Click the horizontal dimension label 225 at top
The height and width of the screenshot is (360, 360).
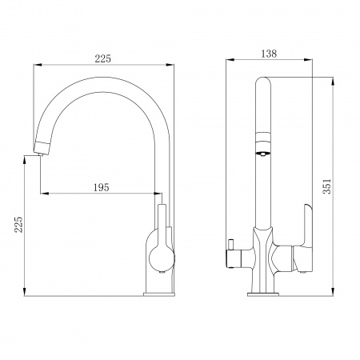[102, 58]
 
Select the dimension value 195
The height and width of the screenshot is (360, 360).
[102, 187]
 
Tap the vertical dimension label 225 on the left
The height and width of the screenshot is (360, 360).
[18, 225]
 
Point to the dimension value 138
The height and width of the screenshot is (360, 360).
[269, 54]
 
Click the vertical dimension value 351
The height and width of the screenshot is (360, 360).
[327, 186]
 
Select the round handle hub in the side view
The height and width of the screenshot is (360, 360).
[162, 258]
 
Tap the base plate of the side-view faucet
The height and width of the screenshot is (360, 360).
[159, 294]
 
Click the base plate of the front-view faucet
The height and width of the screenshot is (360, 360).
[263, 294]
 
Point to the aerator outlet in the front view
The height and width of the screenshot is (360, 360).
[263, 154]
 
